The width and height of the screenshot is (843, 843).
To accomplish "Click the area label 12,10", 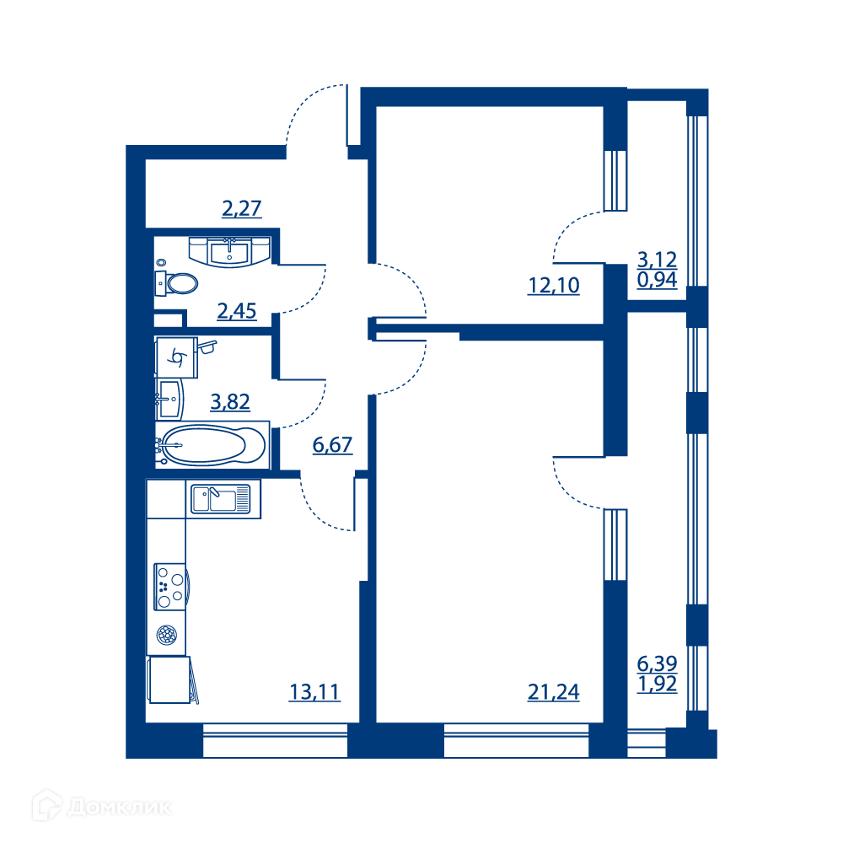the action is coord(554,286).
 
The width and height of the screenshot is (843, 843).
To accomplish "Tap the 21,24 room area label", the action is coord(554,692).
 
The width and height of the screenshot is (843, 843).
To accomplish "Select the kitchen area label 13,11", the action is coord(315,692).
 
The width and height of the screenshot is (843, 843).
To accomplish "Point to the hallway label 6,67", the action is coord(333,444).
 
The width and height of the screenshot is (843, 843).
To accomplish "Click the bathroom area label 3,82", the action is coord(230,401).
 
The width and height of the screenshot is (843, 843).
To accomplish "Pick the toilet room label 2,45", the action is coord(237,311).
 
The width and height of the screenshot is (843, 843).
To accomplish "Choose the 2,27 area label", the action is coord(242,208).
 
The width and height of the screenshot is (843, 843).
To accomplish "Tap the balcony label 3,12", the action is coord(657,260).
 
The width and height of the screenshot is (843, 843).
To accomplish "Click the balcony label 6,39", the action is coord(657,663).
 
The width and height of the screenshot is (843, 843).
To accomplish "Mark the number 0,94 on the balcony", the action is coord(657,280).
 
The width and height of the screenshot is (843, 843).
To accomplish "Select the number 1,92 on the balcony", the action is coord(657,684).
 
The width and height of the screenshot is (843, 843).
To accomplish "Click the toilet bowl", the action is coord(177,283).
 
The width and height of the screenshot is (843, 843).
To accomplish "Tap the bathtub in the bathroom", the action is coord(212,445).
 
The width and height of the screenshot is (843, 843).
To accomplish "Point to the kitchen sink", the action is coord(221,499).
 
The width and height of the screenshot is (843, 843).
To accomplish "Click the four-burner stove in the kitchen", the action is coord(171,587).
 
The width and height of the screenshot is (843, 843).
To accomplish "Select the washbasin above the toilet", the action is coord(229,252).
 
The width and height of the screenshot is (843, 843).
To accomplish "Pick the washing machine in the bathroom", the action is coord(176,357).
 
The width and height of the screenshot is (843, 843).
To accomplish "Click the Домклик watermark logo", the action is coord(102,805).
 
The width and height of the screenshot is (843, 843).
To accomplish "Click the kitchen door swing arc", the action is coord(317,514).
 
